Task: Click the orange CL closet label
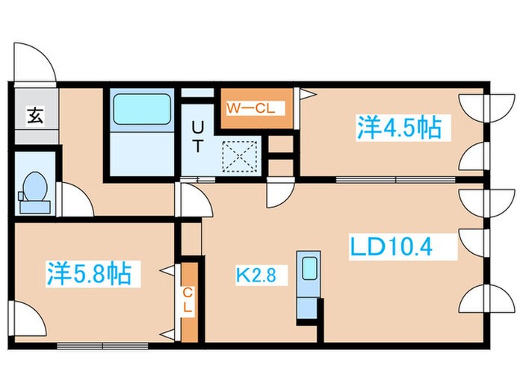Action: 188,299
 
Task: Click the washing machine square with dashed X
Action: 241,155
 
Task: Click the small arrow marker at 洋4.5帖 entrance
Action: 306,94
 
